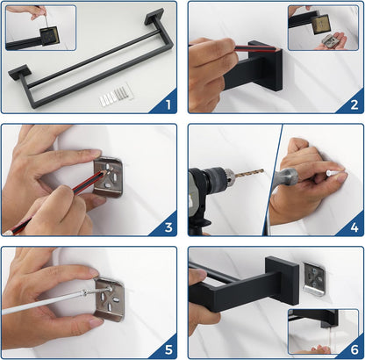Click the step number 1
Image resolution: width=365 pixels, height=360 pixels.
point(168,104)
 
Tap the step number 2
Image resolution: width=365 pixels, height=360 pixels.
point(354,104)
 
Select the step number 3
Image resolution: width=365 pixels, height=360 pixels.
point(168,227)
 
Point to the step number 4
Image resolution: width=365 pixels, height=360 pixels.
point(354,227)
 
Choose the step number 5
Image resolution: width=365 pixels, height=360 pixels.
point(168,349)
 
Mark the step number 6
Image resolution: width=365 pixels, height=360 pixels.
point(354,349)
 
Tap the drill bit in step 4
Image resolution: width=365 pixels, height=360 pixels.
point(249,173)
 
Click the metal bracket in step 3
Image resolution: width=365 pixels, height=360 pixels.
point(109,177)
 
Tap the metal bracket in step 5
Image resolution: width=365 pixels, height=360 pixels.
point(109,299)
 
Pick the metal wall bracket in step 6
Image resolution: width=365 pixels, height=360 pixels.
point(314,279)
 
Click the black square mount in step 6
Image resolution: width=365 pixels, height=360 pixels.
point(282,281)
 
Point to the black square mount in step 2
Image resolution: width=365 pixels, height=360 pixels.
point(265,66)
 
